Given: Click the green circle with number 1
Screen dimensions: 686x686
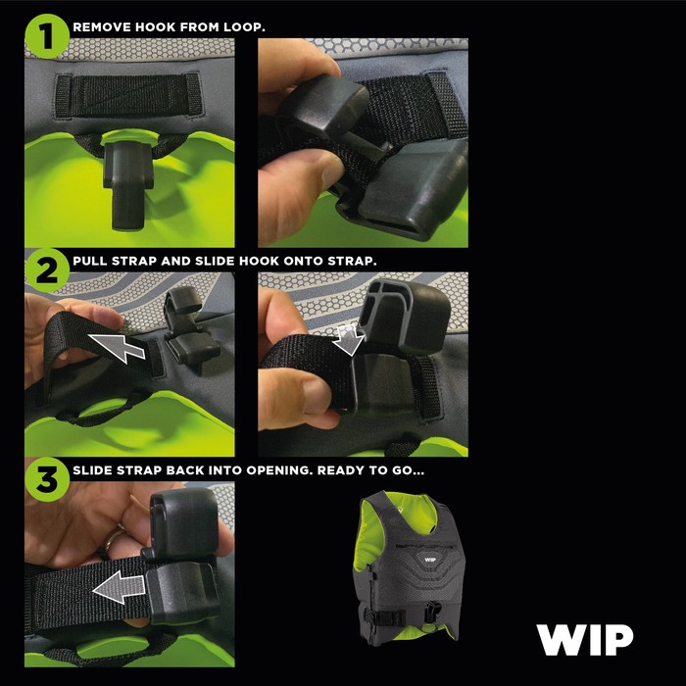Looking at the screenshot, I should point(47,37).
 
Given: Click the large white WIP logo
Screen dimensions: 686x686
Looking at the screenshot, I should point(584,640).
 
